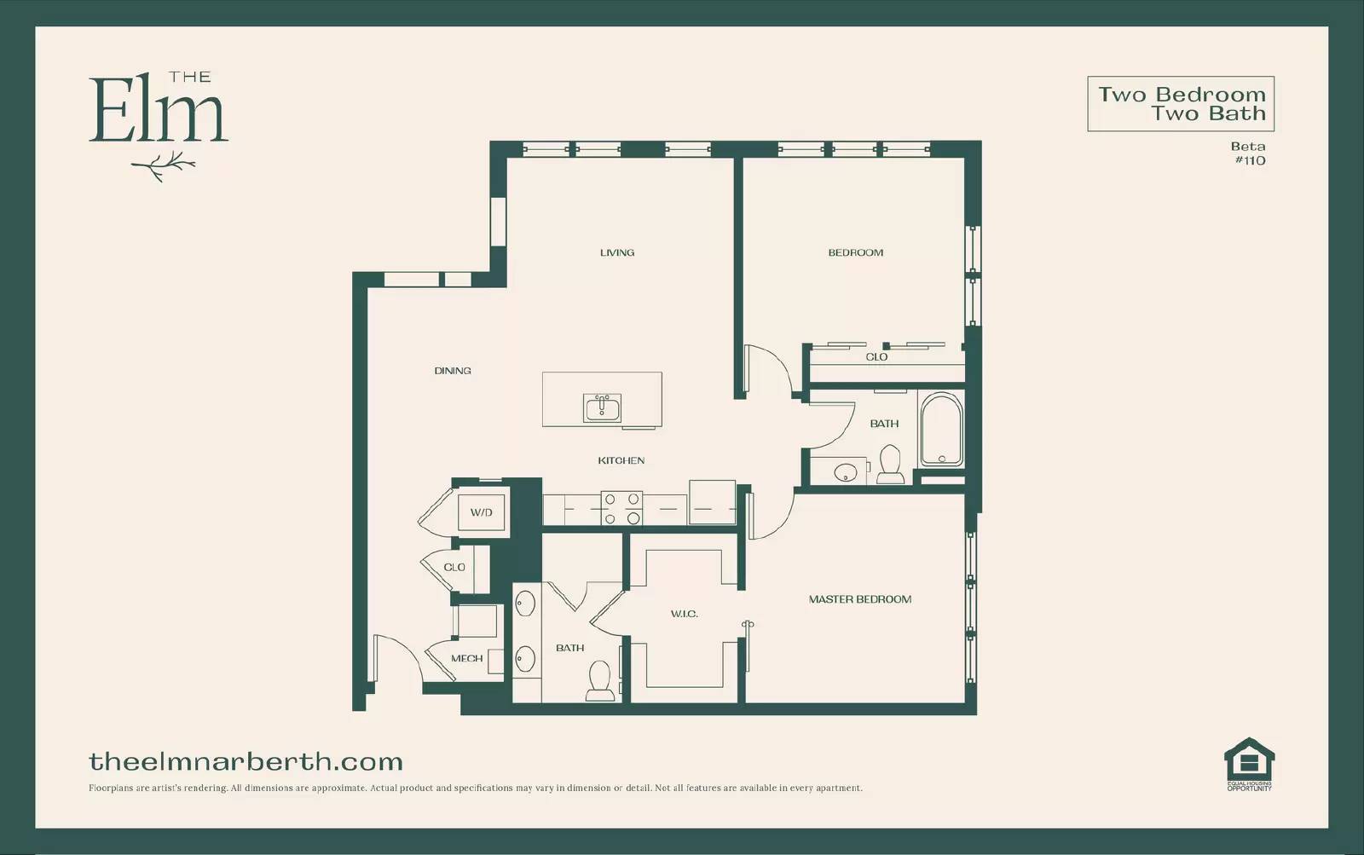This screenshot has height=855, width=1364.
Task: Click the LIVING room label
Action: point(617,252)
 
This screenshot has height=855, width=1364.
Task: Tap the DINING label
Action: point(453,371)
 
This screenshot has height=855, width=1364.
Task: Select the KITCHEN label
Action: point(621,461)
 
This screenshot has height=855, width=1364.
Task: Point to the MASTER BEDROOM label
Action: point(860,599)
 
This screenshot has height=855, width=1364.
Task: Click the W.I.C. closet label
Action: point(685,614)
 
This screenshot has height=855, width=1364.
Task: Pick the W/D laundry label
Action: point(481,513)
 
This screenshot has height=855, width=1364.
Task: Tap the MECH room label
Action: point(466,658)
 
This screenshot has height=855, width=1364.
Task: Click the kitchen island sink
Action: point(602,408)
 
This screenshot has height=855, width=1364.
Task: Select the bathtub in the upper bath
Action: point(941,430)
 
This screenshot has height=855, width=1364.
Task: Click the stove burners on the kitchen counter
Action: point(621,508)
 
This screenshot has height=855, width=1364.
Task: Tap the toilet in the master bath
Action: point(600,681)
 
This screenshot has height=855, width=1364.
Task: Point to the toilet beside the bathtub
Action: point(890,464)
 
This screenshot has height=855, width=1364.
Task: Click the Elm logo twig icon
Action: point(163,165)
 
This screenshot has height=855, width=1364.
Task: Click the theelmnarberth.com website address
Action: point(246,762)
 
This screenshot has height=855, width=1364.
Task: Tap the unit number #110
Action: point(1250,161)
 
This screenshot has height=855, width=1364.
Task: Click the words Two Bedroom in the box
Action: point(1182,95)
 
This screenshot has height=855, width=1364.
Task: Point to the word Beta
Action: point(1248,147)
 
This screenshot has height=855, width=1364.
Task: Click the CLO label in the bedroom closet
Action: point(876,357)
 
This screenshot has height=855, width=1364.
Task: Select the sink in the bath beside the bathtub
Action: point(845,472)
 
